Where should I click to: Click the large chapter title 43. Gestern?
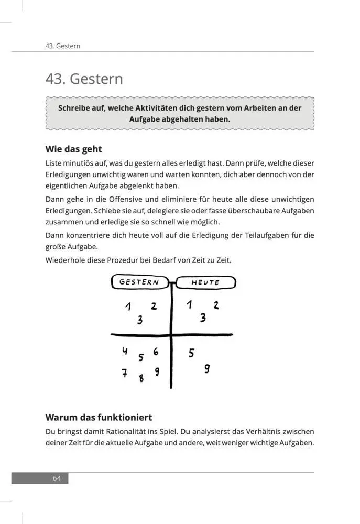84,79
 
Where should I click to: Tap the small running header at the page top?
62,46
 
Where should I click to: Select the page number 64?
57,478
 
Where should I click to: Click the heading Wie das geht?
73,149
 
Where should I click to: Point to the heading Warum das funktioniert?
99,418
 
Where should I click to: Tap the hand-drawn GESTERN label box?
139,282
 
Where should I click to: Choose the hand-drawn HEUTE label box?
205,282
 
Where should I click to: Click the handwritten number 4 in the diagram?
125,352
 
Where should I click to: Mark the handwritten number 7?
124,373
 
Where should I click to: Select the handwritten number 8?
141,378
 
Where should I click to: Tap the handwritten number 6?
156,352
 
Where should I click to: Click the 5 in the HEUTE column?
191,353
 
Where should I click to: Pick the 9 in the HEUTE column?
207,368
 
